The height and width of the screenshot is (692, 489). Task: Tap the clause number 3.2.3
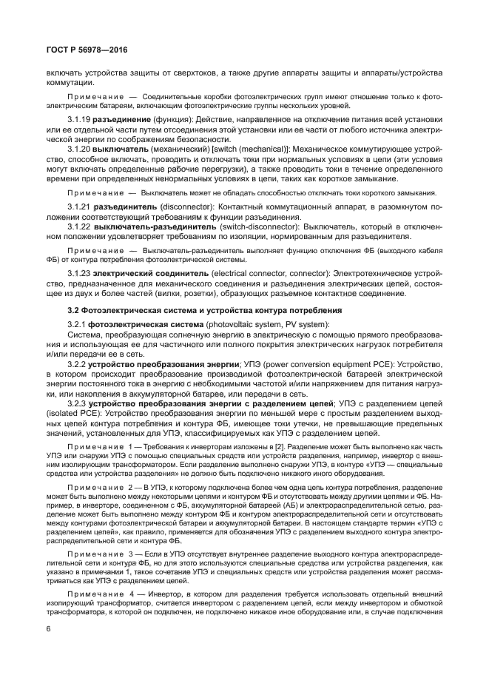click(76, 403)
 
